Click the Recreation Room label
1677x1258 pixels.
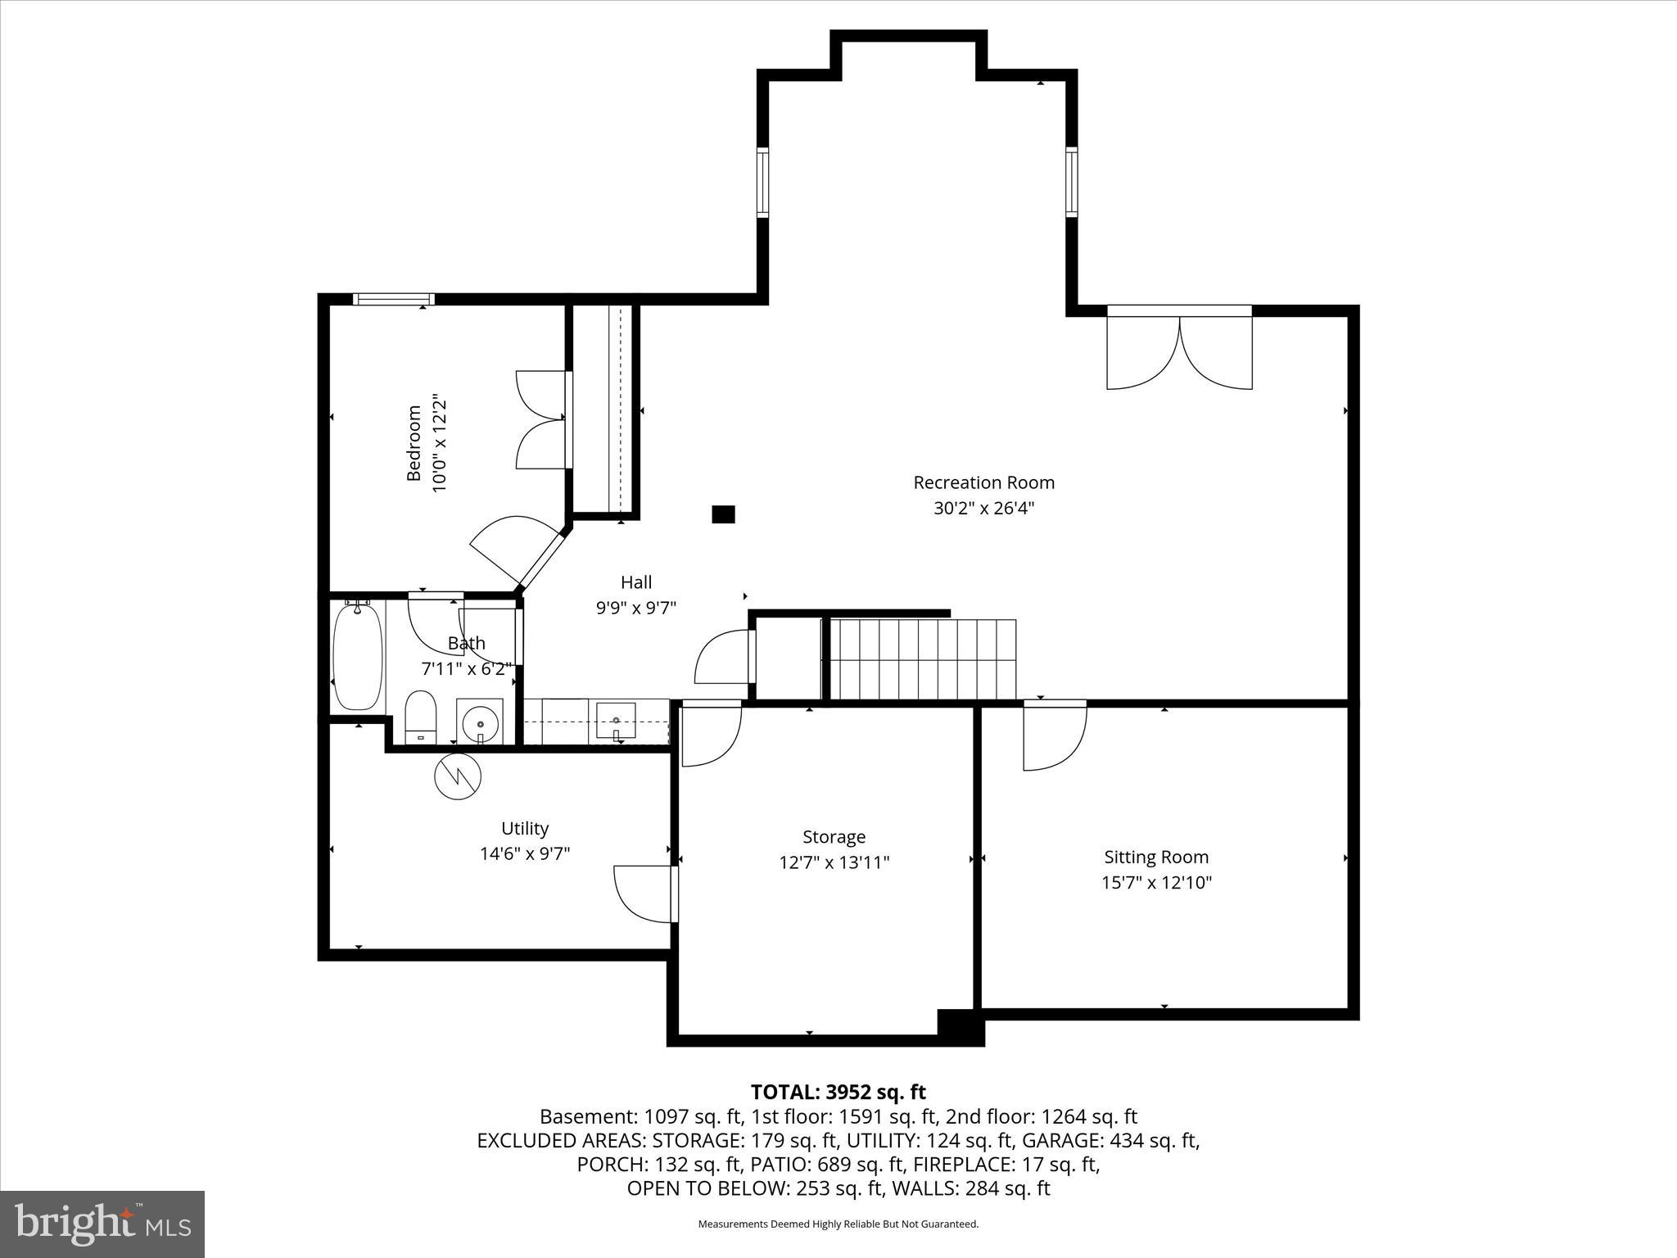coord(983,482)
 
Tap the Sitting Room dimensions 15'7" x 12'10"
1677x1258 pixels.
coord(1156,882)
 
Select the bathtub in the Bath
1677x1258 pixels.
coord(358,657)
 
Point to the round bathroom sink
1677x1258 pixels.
coord(479,723)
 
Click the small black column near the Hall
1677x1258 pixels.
coord(723,514)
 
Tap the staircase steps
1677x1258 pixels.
coord(923,659)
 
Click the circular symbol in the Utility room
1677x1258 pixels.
coord(458,775)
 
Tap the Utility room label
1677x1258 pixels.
coord(525,828)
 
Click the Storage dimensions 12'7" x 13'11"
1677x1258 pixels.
coord(834,862)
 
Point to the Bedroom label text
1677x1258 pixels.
coord(414,443)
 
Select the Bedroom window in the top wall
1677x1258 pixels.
coord(393,300)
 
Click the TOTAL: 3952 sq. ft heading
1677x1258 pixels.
coord(838,1092)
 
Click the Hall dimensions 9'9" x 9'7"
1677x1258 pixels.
coord(635,608)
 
